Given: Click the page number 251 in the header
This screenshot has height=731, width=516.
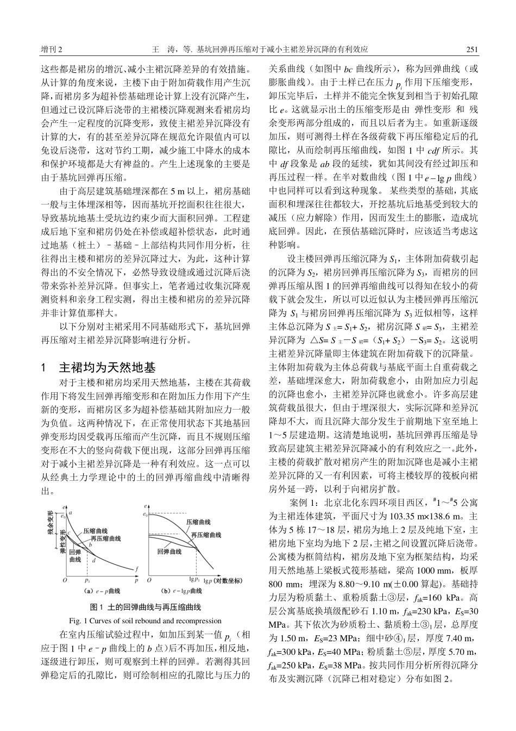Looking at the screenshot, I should coord(471,49).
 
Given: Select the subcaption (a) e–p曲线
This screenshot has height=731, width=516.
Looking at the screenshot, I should coord(102,591).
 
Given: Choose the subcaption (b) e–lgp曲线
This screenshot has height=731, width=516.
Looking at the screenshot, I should coord(180,591).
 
